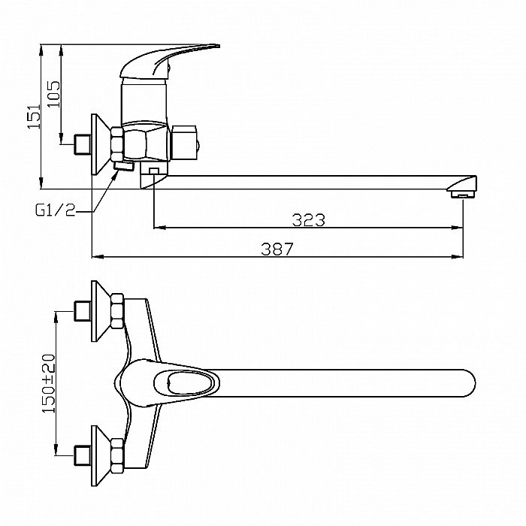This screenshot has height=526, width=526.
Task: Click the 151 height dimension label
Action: click(34, 116)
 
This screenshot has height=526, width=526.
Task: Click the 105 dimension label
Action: click(53, 94)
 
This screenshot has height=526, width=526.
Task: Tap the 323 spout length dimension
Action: click(309, 220)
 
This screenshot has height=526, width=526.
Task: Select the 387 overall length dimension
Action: click(277, 249)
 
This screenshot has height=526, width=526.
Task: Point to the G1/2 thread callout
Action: click(55, 210)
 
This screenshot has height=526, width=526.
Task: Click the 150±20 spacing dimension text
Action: click(48, 383)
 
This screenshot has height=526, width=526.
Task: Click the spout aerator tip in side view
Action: click(464, 194)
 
